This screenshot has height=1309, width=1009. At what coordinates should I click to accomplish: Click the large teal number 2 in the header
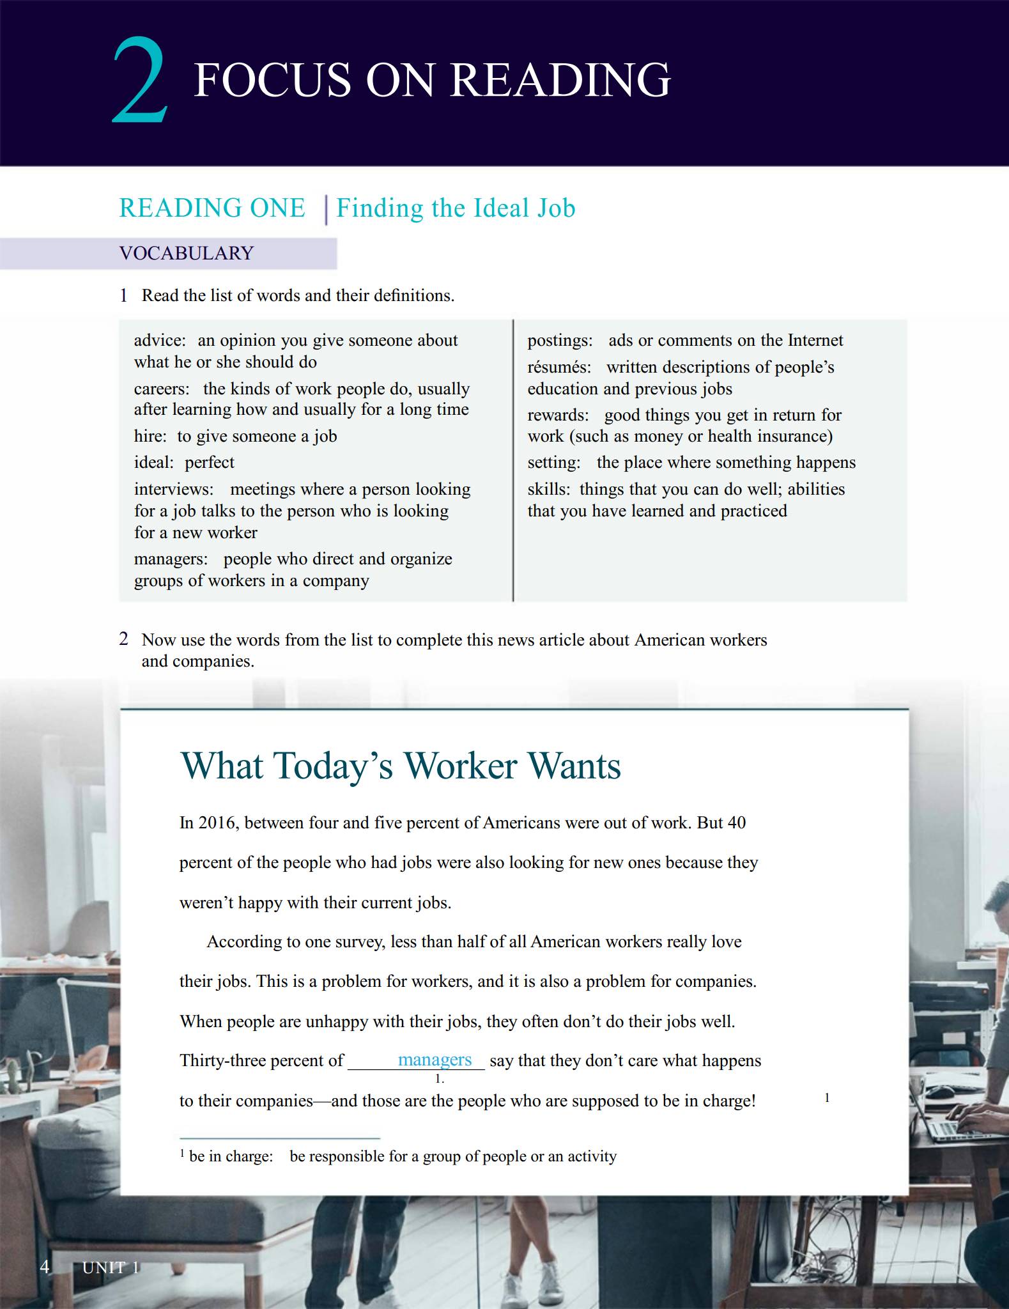[x=140, y=82]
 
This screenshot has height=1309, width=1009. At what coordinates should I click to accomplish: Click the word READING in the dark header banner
[x=560, y=81]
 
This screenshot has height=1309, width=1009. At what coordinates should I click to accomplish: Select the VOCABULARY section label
[x=187, y=253]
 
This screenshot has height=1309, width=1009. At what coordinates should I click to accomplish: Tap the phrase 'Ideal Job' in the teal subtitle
[x=525, y=208]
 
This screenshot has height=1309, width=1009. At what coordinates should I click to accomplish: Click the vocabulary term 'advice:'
[x=160, y=341]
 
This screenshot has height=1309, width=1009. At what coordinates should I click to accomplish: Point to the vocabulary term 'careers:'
[x=162, y=389]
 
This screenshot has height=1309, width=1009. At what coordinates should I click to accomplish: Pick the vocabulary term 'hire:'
[x=150, y=437]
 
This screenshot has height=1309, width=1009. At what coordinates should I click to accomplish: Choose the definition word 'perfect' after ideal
[x=210, y=463]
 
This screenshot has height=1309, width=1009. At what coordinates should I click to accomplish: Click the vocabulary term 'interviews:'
[x=174, y=490]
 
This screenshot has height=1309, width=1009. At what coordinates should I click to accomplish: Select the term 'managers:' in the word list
[x=171, y=559]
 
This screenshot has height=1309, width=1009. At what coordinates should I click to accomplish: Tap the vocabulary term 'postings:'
[x=560, y=341]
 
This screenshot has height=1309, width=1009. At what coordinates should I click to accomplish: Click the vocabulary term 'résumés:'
[x=559, y=368]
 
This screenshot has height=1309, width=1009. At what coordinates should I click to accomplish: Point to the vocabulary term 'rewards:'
[x=558, y=415]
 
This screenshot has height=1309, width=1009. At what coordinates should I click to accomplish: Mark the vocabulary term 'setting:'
[x=554, y=463]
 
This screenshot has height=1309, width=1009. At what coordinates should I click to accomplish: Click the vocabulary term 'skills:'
[x=549, y=490]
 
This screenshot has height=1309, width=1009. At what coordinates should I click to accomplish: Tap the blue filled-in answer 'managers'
[x=435, y=1060]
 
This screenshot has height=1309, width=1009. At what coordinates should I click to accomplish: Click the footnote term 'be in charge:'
[x=231, y=1156]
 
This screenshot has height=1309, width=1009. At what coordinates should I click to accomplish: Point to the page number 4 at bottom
[x=45, y=1267]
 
